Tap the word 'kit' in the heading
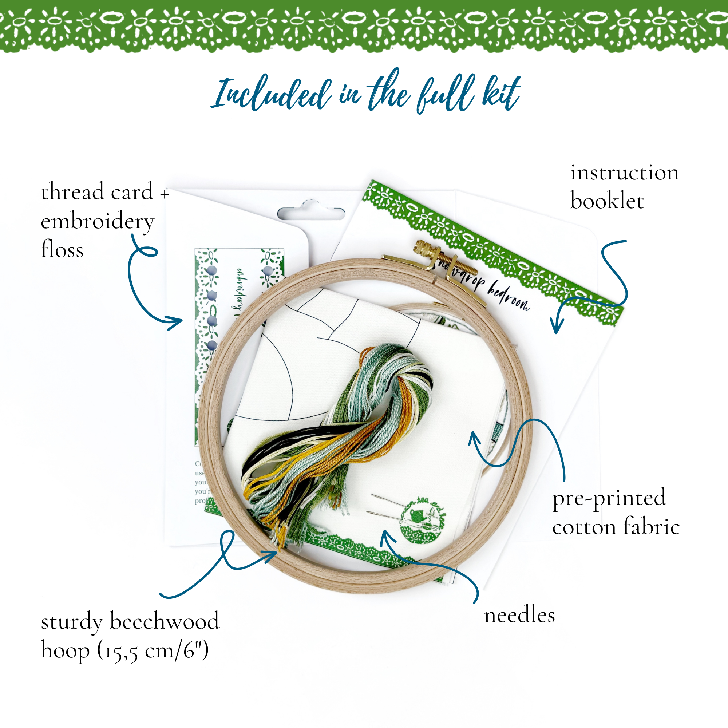[x=501, y=92]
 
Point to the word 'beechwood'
[x=164, y=621]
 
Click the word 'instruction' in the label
[x=624, y=173]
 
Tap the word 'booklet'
[x=607, y=201]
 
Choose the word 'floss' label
[x=62, y=249]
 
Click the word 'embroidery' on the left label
[x=97, y=222]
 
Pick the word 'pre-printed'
[x=609, y=499]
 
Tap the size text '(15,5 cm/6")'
[x=153, y=651]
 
